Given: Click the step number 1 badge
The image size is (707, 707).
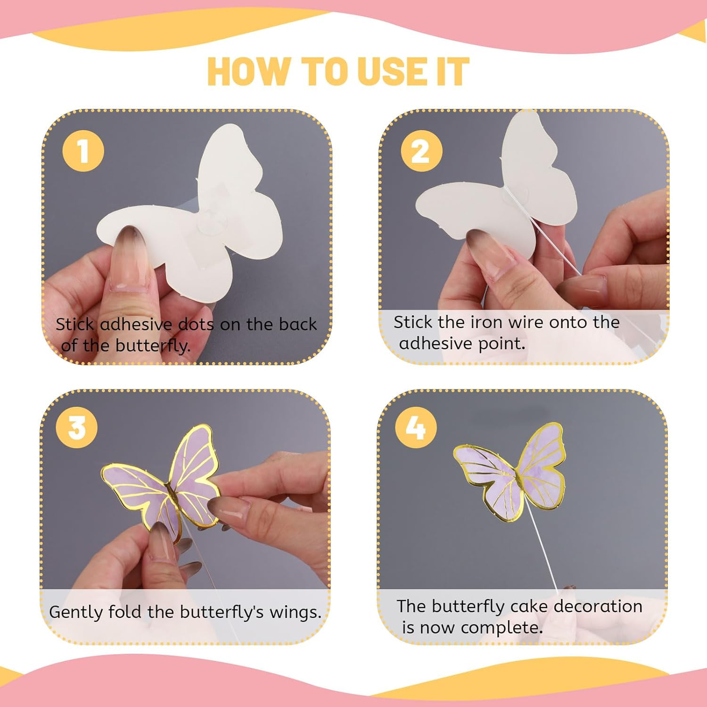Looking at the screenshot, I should click(83, 151).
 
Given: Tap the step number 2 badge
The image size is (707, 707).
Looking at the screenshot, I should click(421, 151).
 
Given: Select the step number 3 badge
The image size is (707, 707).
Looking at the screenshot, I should click(77, 428).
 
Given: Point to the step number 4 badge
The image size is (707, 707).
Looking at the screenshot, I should click(415, 428).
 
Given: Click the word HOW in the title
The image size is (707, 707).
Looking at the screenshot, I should click(248, 72).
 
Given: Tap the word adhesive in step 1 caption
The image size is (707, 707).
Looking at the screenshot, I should click(136, 324).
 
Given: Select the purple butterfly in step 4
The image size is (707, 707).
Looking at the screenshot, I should click(511, 471).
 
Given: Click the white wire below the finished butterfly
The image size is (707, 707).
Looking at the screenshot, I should click(542, 551).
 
